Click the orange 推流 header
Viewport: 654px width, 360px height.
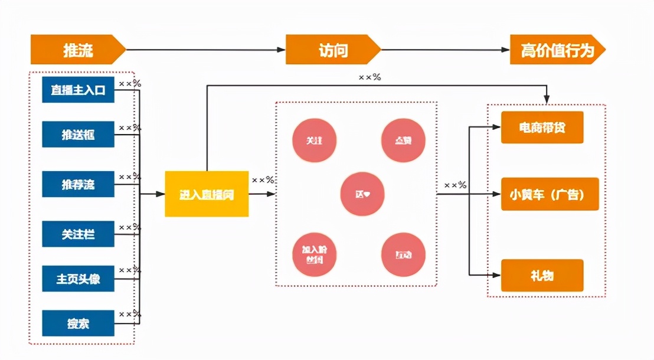pyautogui.click(x=77, y=50)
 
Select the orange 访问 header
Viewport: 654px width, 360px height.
pyautogui.click(x=333, y=50)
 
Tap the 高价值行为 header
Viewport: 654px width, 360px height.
pyautogui.click(x=557, y=50)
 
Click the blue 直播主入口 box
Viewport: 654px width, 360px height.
pyautogui.click(x=78, y=90)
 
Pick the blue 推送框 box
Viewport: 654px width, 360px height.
pyautogui.click(x=78, y=135)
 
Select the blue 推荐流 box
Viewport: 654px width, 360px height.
pyautogui.click(x=78, y=184)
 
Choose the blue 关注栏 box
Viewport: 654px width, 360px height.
pyautogui.click(x=78, y=234)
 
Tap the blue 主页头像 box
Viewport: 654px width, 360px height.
pyautogui.click(x=78, y=279)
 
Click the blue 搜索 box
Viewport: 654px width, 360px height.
pyautogui.click(x=78, y=323)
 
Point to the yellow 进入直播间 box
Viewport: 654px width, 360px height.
pyautogui.click(x=207, y=194)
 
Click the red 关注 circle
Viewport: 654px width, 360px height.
pyautogui.click(x=314, y=141)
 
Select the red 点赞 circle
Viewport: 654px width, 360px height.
pyautogui.click(x=403, y=140)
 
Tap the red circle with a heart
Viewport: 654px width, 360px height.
pyautogui.click(x=362, y=194)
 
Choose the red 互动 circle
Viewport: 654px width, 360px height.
pyautogui.click(x=403, y=254)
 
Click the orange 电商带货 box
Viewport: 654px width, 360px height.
pyautogui.click(x=542, y=127)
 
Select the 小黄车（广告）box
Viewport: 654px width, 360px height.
pyautogui.click(x=550, y=194)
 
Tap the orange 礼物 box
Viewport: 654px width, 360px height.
pyautogui.click(x=542, y=275)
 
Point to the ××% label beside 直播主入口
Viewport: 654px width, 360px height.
pyautogui.click(x=130, y=84)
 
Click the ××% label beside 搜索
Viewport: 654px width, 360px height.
pyautogui.click(x=130, y=314)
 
